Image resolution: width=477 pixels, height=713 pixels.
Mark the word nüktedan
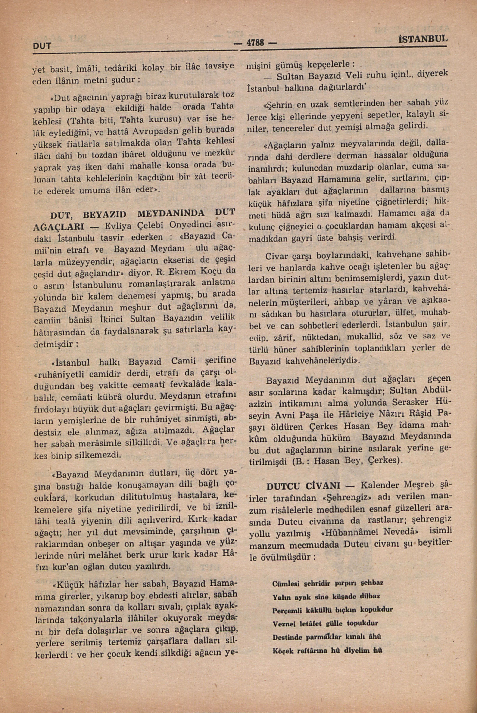coord(321,338)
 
